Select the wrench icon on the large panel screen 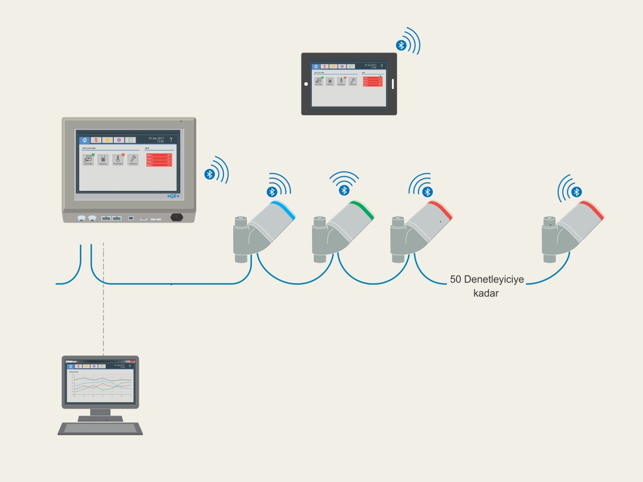tap(133, 159)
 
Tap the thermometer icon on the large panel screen tap(118, 159)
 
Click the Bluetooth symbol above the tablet tap(400, 45)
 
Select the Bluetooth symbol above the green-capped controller tap(345, 190)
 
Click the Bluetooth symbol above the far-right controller tap(577, 192)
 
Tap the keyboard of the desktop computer tap(100, 428)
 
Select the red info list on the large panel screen tap(159, 160)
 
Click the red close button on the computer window tap(133, 361)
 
